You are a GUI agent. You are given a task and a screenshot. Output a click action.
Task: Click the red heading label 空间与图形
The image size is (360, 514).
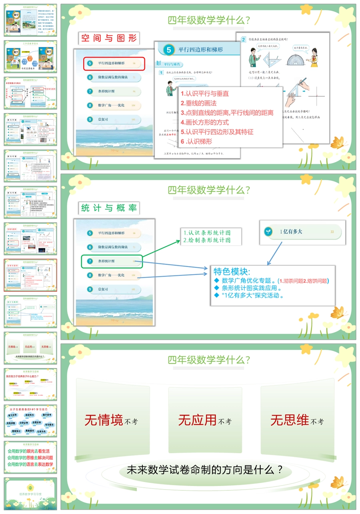tap(109, 38)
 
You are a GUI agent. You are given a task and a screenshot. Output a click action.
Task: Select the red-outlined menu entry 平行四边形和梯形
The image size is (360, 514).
tap(114, 64)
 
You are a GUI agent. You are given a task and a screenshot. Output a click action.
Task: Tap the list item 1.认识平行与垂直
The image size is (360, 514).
tap(205, 94)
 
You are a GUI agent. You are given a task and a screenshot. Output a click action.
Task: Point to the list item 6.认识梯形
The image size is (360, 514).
tap(196, 141)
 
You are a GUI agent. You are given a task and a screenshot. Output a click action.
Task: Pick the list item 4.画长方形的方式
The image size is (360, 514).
tap(205, 122)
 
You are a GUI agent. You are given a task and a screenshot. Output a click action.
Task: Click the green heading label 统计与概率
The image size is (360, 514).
tap(109, 208)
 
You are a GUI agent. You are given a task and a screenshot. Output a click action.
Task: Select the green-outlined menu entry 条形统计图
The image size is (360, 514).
tap(112, 261)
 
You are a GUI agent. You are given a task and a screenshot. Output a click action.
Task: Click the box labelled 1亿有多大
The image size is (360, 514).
tap(302, 231)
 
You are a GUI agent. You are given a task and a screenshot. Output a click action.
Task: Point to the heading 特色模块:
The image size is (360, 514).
tap(232, 272)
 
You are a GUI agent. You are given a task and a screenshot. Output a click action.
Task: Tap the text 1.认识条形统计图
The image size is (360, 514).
tap(207, 233)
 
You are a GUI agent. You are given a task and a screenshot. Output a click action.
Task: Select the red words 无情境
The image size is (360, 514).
tap(104, 420)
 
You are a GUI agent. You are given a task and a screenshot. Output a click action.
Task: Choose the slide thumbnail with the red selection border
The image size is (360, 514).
tap(30, 275)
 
